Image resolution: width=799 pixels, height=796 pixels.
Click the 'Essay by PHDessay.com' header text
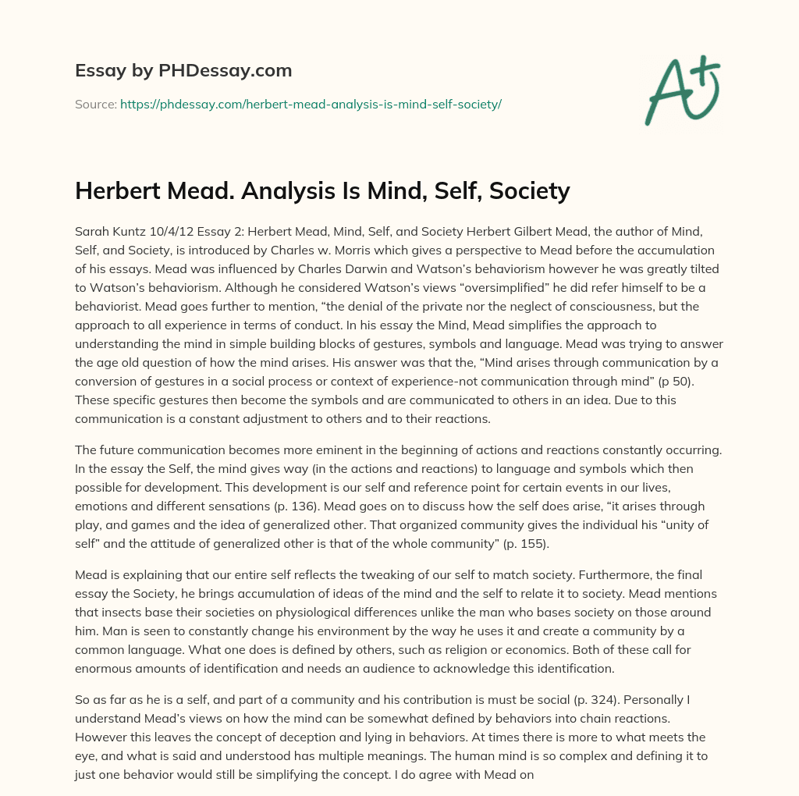tap(183, 71)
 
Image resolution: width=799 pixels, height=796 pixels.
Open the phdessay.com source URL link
tap(311, 104)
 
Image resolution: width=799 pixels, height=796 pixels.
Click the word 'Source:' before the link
tap(95, 104)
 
